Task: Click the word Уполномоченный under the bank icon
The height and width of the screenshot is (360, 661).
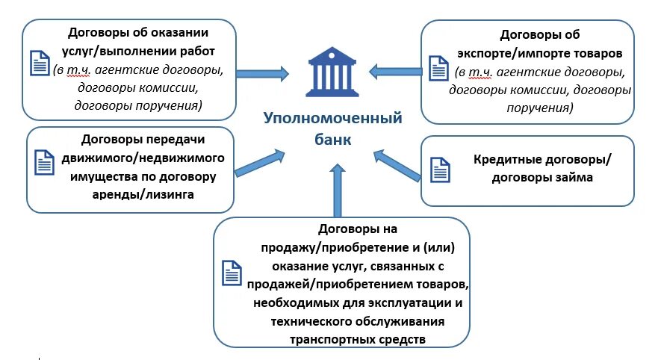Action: [332, 119]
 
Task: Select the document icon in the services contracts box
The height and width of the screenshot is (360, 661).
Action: [40, 63]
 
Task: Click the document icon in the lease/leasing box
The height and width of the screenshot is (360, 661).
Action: [46, 161]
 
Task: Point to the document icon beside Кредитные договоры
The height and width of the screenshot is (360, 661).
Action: [441, 168]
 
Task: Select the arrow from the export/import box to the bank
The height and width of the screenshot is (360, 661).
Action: [396, 72]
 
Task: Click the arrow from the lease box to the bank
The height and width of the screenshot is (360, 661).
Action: [261, 162]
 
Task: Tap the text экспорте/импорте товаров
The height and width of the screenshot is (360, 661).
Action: [539, 54]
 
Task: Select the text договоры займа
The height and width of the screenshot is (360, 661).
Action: [542, 178]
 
